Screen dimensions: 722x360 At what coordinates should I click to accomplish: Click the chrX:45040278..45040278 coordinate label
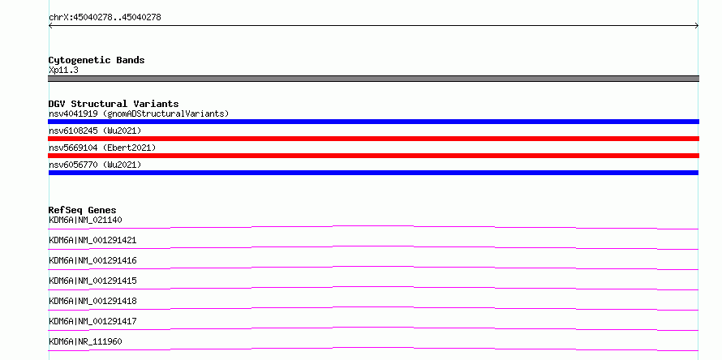point(105,18)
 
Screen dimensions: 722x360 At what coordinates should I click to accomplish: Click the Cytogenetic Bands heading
point(97,60)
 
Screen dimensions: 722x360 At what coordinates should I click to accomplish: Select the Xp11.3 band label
point(63,71)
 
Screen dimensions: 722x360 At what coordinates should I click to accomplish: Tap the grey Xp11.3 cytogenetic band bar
point(373,79)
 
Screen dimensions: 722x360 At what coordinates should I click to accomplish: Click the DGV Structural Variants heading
point(114,104)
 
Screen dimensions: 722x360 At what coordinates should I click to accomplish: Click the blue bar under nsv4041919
point(373,122)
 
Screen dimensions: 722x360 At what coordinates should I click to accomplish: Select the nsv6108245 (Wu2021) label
point(95,131)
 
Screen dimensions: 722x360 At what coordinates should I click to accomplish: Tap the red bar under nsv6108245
point(373,139)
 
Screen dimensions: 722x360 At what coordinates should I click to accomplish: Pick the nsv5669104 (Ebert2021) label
point(102,148)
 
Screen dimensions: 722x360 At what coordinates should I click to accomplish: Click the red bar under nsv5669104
point(373,156)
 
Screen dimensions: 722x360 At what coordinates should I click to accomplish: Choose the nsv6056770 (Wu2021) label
point(95,165)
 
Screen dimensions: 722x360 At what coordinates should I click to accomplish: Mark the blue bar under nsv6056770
point(373,173)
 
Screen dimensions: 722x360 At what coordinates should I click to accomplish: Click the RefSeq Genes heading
point(83,210)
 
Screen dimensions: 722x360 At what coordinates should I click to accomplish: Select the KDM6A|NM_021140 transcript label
point(85,220)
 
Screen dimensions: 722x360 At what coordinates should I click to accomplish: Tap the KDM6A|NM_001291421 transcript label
point(92,240)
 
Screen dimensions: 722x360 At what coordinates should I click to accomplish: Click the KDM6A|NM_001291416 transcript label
point(92,260)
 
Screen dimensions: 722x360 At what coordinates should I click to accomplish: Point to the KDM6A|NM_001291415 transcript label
point(92,281)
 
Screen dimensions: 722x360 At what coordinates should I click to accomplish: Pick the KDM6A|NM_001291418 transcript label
point(92,301)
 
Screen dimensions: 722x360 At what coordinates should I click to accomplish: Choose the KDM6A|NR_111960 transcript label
point(85,341)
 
